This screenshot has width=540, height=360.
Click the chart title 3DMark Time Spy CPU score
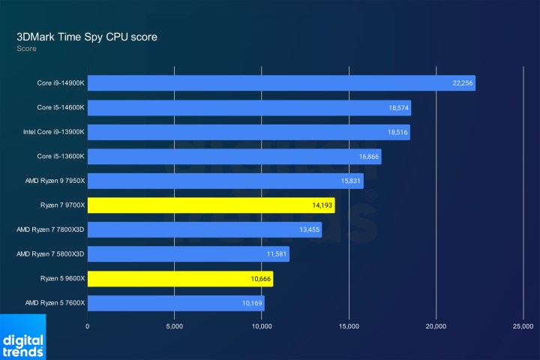pos(87,36)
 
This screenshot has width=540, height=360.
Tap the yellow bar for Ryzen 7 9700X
pos(211,205)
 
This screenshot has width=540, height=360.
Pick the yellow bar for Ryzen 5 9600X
pos(180,279)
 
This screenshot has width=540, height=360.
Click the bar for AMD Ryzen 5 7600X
pos(175,303)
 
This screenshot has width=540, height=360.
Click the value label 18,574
pos(397,108)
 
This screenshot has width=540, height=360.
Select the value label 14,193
pos(322,205)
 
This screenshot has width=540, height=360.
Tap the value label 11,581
pos(276,254)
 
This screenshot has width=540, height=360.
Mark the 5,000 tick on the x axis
pos(174,326)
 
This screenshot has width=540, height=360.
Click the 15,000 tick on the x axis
pos(349,326)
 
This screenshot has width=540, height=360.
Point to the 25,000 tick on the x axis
pos(523,326)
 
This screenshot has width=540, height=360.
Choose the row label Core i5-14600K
pos(61,108)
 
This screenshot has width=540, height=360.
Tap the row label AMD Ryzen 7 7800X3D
pos(51,229)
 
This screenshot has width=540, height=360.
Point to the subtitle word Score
pos(26,49)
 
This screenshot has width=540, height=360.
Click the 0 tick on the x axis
pos(88,326)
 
